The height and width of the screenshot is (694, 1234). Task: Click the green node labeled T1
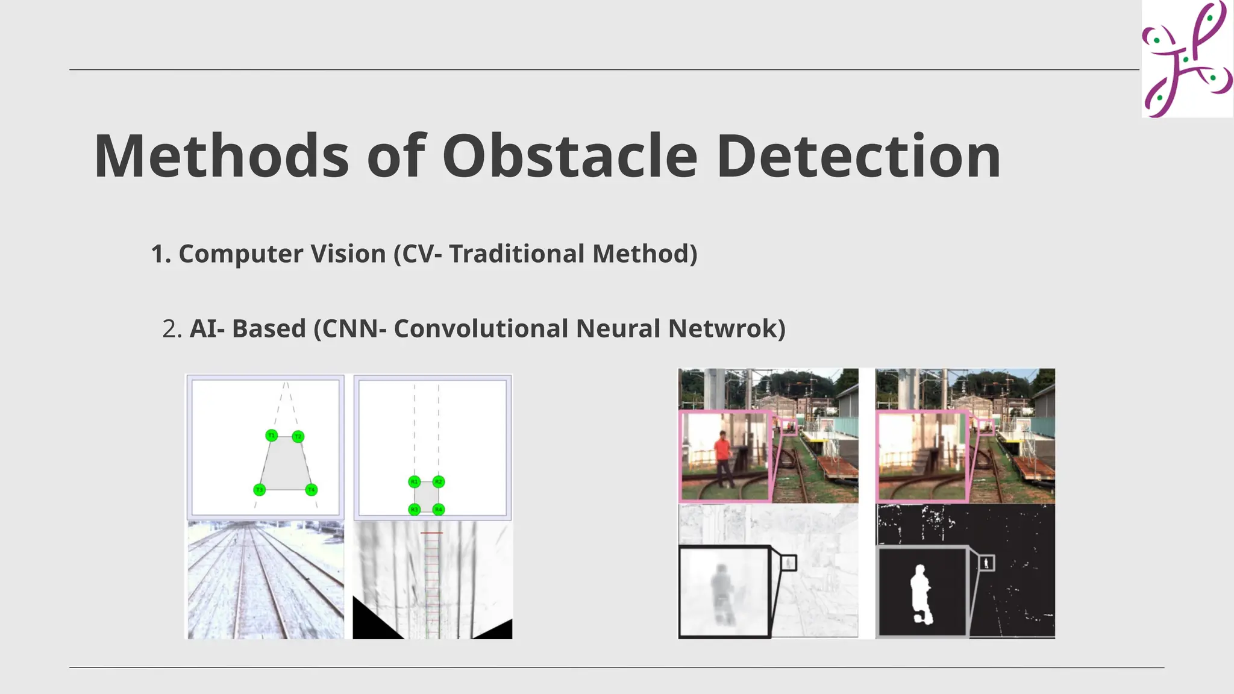pos(272,436)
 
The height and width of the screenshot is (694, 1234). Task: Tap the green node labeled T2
pos(298,437)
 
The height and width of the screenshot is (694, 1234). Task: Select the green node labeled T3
pos(259,490)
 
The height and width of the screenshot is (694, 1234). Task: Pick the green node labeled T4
pos(311,490)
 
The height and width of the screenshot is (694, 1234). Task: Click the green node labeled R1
pos(414,482)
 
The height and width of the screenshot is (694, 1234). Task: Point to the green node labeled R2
pos(439,482)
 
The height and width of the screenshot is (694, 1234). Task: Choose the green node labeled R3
pos(414,510)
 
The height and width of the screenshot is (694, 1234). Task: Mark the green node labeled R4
pos(439,510)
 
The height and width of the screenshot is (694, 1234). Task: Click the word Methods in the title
pos(221,157)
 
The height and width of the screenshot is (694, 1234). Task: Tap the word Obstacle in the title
pos(569,157)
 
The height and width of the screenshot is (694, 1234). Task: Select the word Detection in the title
pos(858,157)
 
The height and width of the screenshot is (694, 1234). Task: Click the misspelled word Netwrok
pos(727,329)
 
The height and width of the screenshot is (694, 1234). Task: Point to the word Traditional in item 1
pos(516,254)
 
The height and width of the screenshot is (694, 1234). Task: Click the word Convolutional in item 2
pos(481,329)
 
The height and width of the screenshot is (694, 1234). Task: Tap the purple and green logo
pos(1186,58)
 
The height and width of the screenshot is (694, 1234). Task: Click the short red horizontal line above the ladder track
pos(431,533)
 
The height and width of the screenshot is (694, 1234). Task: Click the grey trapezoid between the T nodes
pos(285,464)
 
